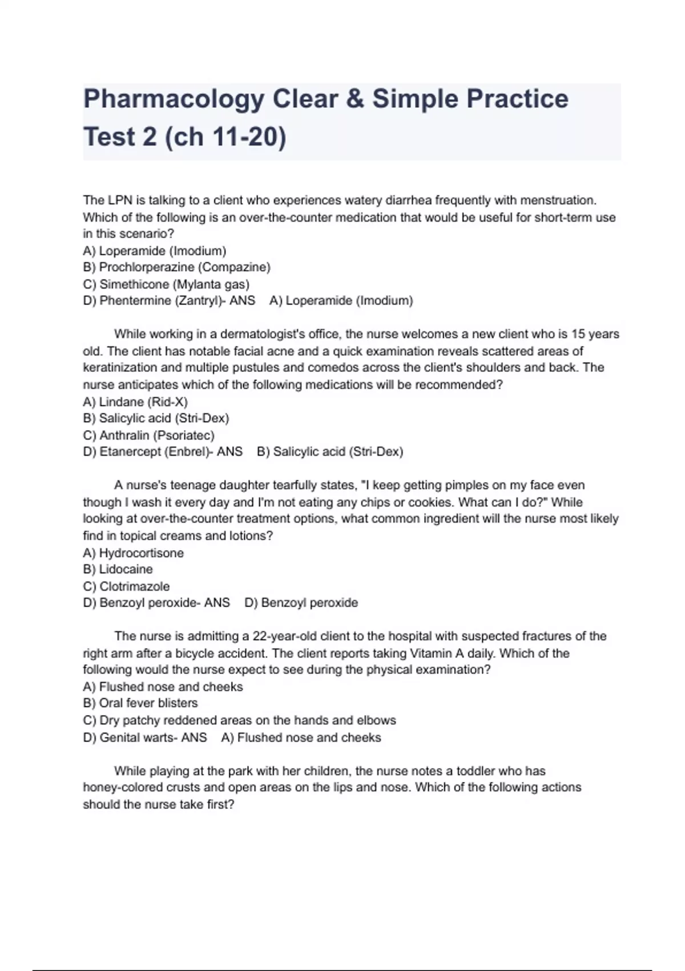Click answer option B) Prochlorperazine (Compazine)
[x=176, y=267]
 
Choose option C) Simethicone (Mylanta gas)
[x=166, y=284]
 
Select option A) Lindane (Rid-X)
[x=135, y=402]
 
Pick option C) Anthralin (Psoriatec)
[x=148, y=435]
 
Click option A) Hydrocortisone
[x=133, y=553]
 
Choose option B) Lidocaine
[x=118, y=569]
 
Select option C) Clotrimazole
[x=126, y=587]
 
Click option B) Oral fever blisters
[x=140, y=703]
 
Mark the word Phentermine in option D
[x=132, y=301]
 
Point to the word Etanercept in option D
[x=130, y=452]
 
